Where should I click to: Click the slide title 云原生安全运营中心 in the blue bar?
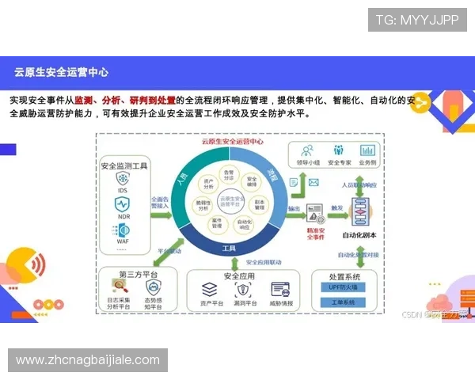coord(62,72)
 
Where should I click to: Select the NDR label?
coord(123,216)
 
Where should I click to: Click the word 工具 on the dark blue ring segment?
coord(230,249)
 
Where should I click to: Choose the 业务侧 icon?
coord(367,150)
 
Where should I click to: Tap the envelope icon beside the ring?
coord(313,184)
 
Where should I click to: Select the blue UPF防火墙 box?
coord(345,288)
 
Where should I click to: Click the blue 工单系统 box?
coord(345,302)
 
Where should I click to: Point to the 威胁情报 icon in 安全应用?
coord(281,289)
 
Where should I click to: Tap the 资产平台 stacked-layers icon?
coord(211,289)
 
